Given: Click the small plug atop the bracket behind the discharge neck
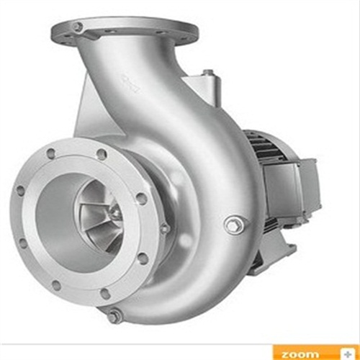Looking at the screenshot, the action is pyautogui.click(x=207, y=72).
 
